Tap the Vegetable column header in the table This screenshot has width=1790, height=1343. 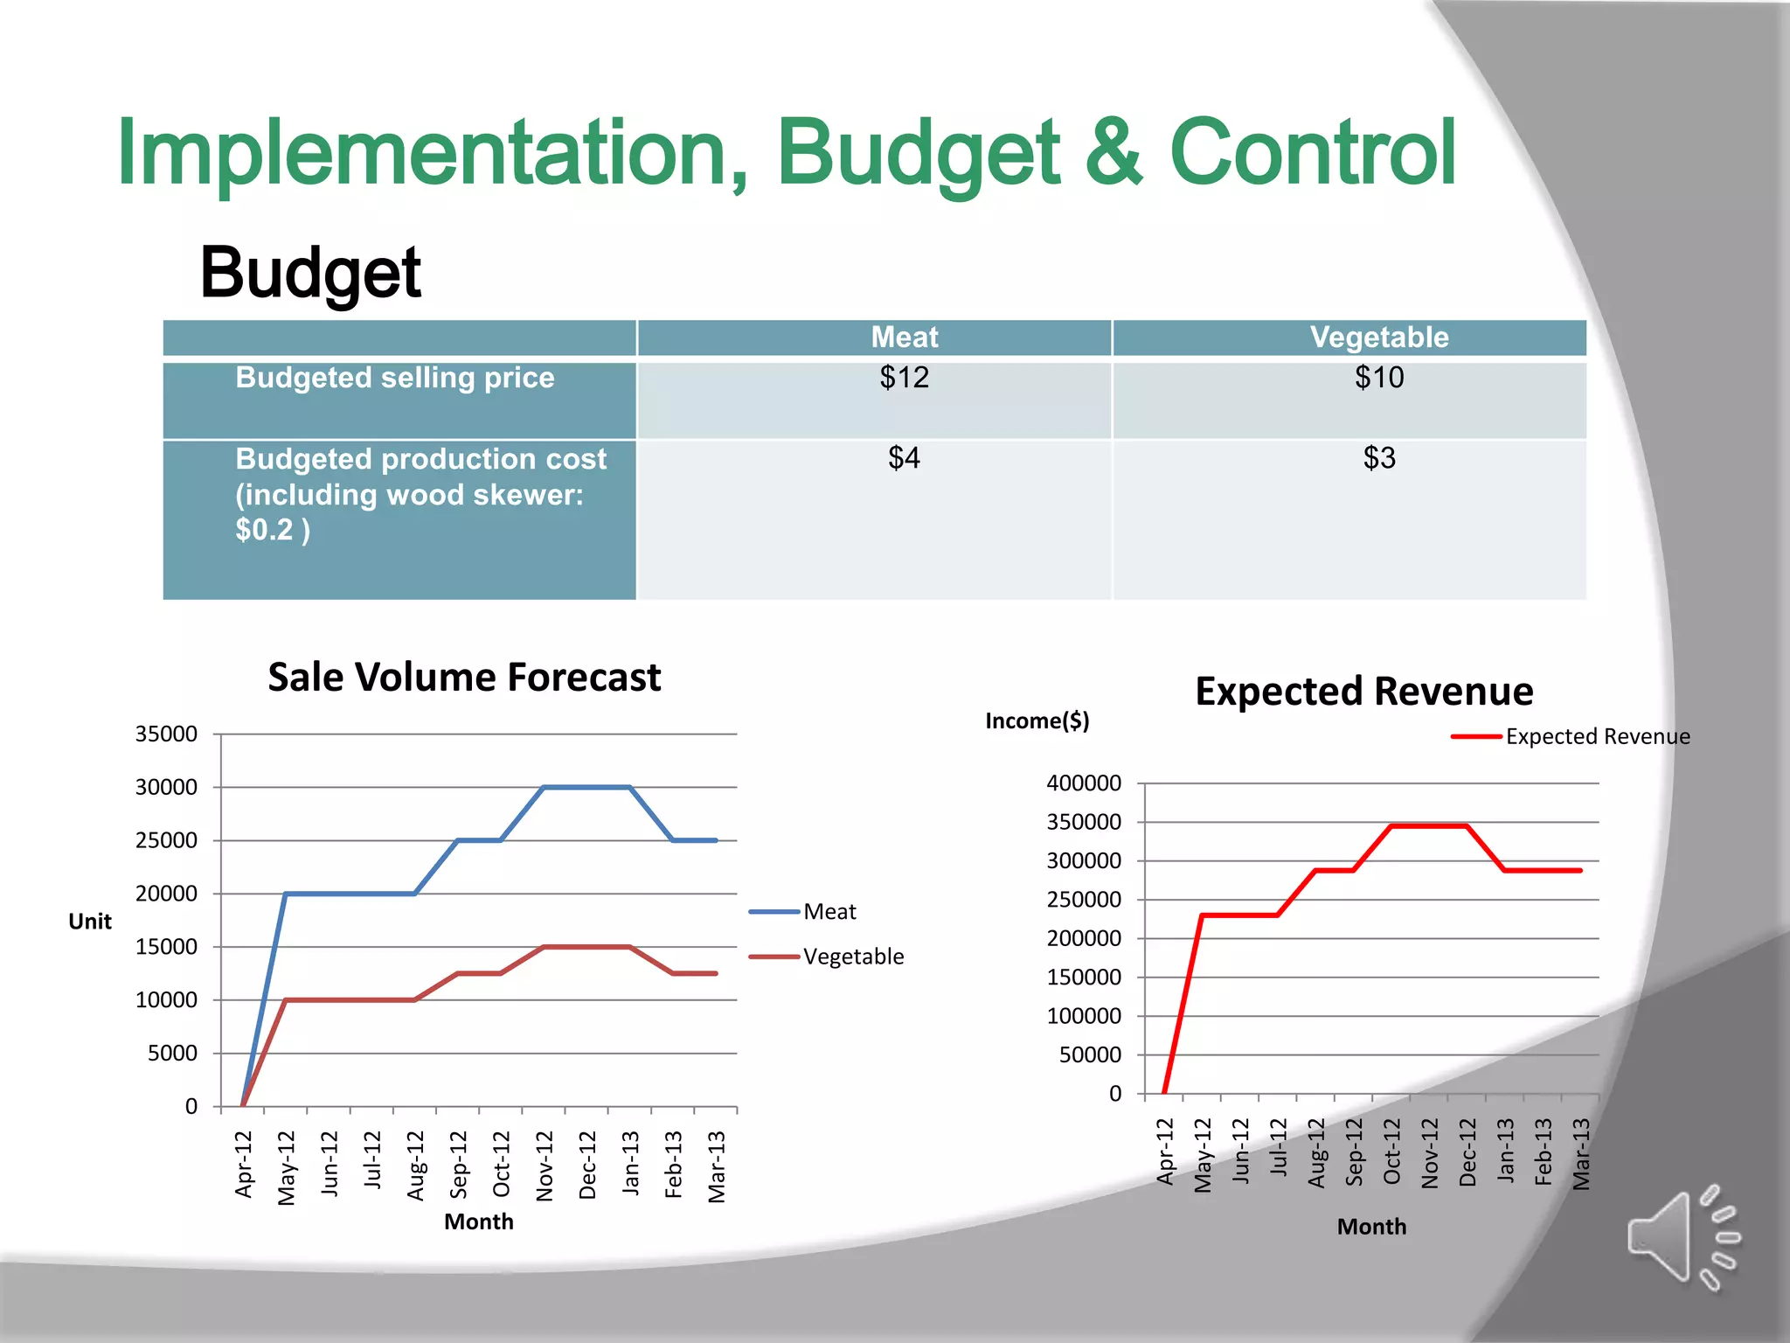(1379, 337)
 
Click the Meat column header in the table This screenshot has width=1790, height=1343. (904, 337)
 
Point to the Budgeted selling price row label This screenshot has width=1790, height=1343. (395, 378)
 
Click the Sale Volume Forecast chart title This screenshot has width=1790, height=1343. (464, 678)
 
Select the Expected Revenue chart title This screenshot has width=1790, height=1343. (1363, 692)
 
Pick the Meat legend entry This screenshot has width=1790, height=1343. (829, 912)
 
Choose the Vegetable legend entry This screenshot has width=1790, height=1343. (852, 957)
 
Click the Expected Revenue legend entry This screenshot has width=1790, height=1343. (1597, 737)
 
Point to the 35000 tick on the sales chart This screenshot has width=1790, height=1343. (166, 734)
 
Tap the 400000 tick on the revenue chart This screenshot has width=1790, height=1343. (1084, 783)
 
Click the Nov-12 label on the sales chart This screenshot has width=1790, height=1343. (545, 1166)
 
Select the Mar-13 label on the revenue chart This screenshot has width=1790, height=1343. (1581, 1154)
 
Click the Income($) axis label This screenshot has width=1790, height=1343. (1037, 721)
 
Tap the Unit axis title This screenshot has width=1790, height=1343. (90, 922)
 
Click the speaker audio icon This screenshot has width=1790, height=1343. (1681, 1237)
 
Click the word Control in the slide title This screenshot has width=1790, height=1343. (1313, 154)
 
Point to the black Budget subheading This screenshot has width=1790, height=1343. (310, 273)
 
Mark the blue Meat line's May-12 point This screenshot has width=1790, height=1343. (286, 894)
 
